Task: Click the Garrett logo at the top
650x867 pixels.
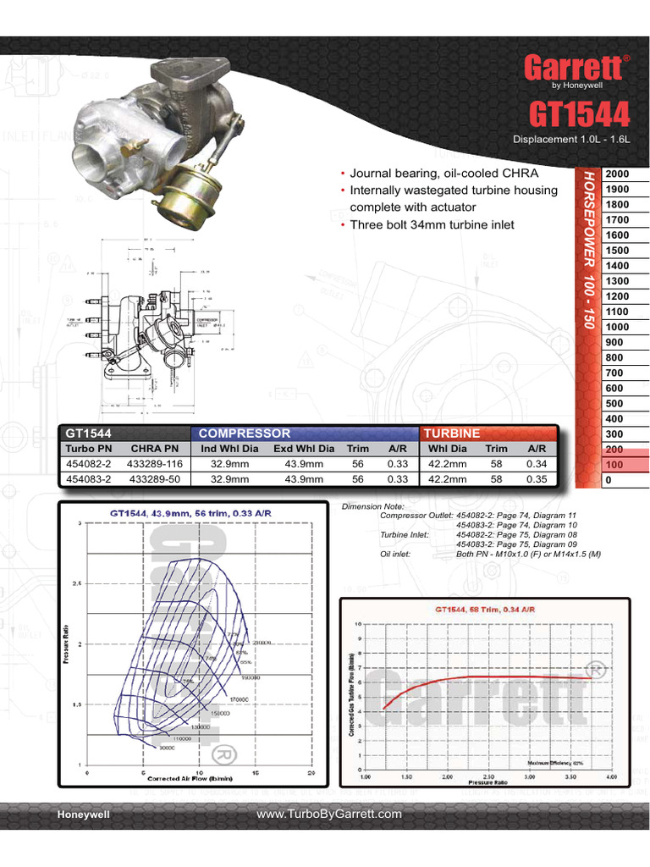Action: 575,68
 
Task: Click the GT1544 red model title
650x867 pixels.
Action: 580,115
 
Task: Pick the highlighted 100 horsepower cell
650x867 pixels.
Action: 616,465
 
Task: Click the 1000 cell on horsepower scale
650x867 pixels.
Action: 616,327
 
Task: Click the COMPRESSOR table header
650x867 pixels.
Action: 245,433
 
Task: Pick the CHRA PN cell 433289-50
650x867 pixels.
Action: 155,478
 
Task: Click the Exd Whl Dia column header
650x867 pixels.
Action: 304,448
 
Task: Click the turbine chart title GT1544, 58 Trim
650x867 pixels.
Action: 485,609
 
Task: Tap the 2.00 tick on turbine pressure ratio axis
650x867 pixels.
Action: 447,776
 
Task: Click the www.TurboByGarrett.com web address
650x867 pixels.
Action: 329,814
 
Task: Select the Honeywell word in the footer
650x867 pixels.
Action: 83,815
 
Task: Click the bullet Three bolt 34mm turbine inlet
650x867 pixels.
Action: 432,224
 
